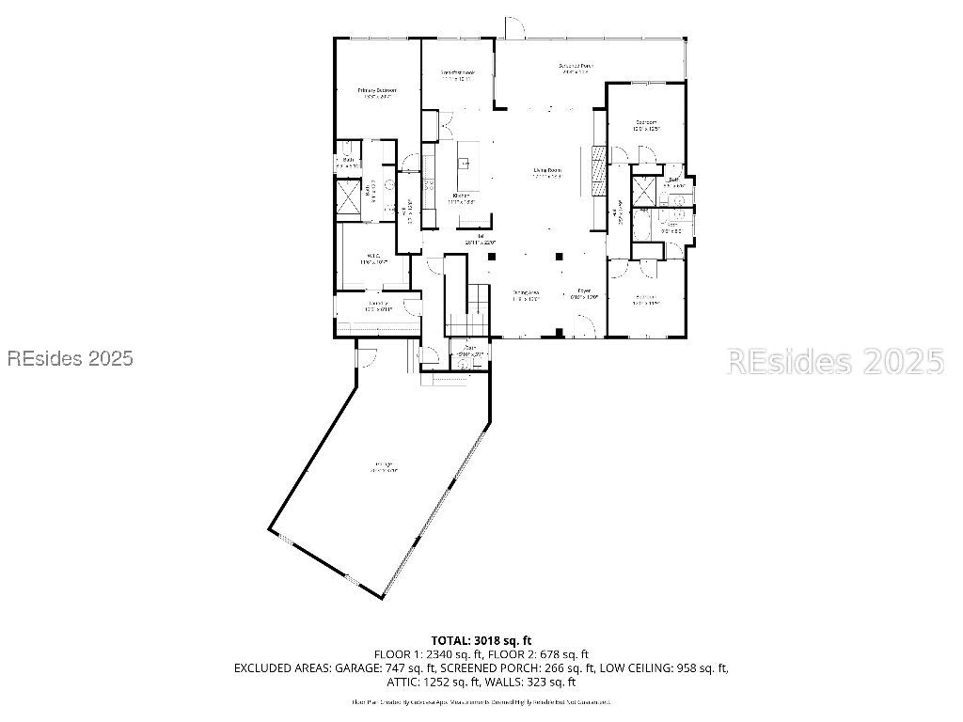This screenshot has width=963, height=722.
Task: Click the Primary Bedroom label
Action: tap(376, 92)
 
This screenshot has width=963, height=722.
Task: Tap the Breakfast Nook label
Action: tap(458, 75)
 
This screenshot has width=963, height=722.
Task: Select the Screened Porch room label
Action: tap(574, 68)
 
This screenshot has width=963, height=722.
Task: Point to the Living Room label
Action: tap(546, 172)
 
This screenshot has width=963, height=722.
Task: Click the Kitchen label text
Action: tap(461, 197)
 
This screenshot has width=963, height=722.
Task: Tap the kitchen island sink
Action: tap(464, 164)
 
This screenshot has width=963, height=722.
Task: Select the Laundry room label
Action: tap(378, 305)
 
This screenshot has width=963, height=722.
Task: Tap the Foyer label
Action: tap(584, 292)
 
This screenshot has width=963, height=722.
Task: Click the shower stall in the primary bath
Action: tap(346, 198)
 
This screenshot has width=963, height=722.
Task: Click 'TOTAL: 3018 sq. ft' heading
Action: tap(481, 640)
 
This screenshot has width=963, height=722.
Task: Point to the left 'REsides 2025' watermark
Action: tap(70, 358)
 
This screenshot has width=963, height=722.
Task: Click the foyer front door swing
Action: tap(584, 325)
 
